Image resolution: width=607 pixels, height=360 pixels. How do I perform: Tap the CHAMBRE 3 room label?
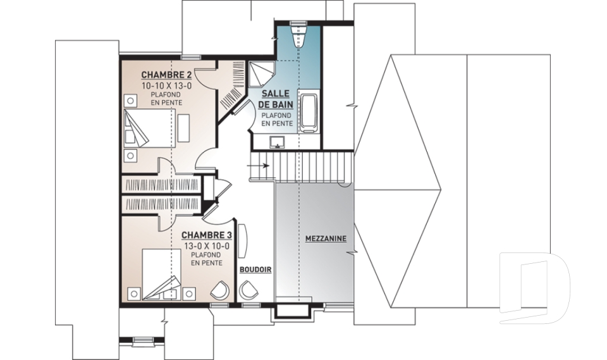pyautogui.click(x=206, y=235)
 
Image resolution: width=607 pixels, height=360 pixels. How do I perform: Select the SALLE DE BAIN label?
pyautogui.click(x=275, y=99)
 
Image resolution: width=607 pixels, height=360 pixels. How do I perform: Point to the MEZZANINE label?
pyautogui.click(x=326, y=239)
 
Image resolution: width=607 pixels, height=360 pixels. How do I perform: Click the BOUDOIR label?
pyautogui.click(x=255, y=270)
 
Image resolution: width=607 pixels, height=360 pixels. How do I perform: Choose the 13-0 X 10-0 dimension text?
pyautogui.click(x=206, y=245)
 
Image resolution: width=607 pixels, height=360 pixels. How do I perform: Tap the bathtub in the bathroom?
pyautogui.click(x=309, y=110)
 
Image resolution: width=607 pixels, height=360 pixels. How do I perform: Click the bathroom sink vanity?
pyautogui.click(x=278, y=142)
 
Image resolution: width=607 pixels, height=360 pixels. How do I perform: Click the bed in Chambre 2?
pyautogui.click(x=147, y=128)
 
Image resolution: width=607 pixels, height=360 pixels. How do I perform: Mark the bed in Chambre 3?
pyautogui.click(x=161, y=275)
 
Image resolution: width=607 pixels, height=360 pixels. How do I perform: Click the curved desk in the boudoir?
pyautogui.click(x=243, y=240)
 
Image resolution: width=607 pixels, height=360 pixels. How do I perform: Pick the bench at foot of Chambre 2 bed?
pyautogui.click(x=183, y=128)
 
